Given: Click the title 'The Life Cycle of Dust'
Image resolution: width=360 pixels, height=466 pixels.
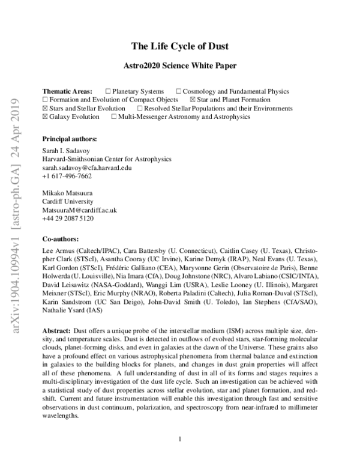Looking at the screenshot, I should pyautogui.click(x=179, y=46).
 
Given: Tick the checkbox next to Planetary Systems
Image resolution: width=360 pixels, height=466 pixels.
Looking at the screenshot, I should pyautogui.click(x=107, y=91).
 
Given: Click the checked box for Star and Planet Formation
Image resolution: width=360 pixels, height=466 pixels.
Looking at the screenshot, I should pyautogui.click(x=192, y=100).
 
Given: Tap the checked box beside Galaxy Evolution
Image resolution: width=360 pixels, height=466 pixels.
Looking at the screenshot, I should pyautogui.click(x=45, y=116).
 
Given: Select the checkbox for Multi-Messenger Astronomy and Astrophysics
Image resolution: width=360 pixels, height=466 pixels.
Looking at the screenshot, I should pyautogui.click(x=114, y=116).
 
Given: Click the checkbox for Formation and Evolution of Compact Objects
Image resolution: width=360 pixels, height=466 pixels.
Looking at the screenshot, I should pyautogui.click(x=45, y=100).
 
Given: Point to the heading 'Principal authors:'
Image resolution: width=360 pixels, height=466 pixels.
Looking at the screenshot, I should pyautogui.click(x=70, y=139).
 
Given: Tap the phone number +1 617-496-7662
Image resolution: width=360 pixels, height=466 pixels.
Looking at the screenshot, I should pyautogui.click(x=67, y=176).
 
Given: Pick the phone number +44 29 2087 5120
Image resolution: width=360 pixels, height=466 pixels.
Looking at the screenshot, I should pyautogui.click(x=68, y=219).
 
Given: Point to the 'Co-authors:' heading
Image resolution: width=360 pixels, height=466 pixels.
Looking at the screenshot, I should pyautogui.click(x=62, y=238).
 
